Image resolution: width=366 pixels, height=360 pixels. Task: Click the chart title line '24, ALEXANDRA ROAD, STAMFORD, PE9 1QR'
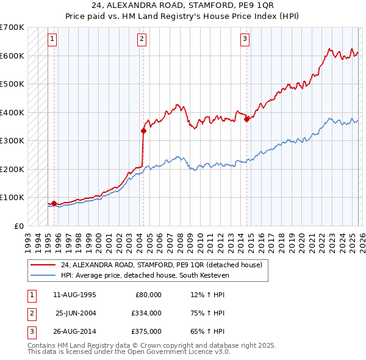coord(182,6)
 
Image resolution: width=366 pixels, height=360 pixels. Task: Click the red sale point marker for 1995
coord(54,203)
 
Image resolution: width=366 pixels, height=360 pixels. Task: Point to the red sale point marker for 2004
coord(143,131)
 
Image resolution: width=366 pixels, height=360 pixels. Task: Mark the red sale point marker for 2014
coord(247,120)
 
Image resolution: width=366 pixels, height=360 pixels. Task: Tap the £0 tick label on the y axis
coord(20,226)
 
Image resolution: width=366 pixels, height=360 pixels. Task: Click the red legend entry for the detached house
coord(161,265)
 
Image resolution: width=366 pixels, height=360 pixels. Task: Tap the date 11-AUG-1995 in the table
coord(74,294)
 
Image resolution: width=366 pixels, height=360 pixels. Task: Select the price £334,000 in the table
coord(146,313)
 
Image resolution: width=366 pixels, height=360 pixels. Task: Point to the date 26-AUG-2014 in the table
coord(74,332)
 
